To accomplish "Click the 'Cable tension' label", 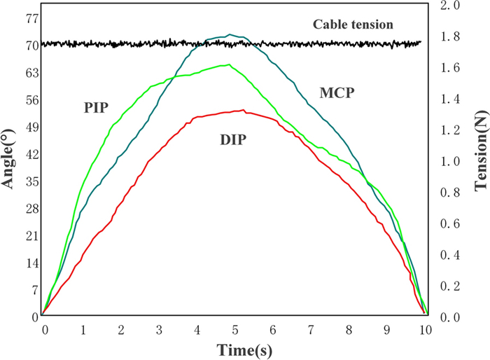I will pos(352,25).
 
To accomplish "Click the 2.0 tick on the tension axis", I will pos(448,6).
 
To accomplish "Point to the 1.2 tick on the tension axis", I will pos(448,130).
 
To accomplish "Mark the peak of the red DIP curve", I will pos(243,109).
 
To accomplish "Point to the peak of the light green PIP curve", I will pos(228,64).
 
